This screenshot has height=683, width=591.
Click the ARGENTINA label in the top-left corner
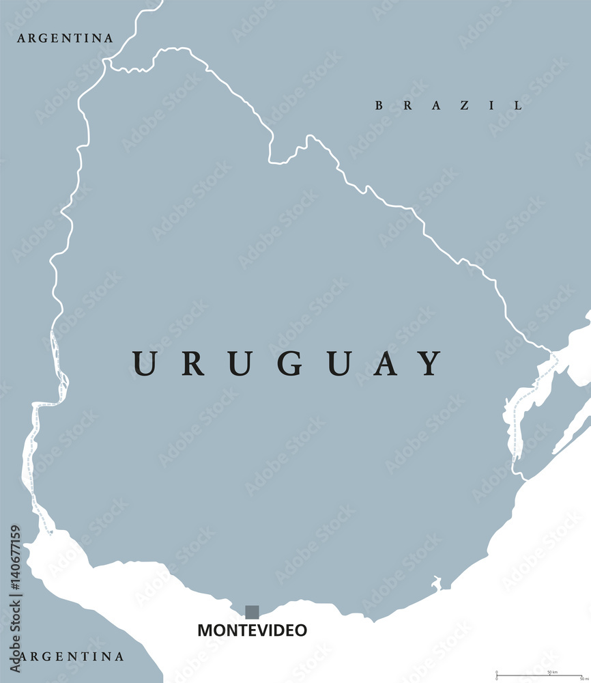pos(66,38)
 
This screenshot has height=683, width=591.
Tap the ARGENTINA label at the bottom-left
pos(71,657)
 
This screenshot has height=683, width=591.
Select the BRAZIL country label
pos(449,105)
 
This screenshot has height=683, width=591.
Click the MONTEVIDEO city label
pos(252,630)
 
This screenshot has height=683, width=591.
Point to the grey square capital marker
pos(252,612)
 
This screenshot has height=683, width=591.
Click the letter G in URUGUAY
pos(289,363)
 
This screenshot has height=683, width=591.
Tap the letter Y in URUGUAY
pos(430,363)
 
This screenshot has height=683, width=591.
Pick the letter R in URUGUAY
pos(193,363)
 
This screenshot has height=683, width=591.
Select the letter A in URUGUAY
pos(386,363)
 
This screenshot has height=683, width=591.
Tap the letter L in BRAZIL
pos(519,105)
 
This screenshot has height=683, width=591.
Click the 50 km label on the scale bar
pos(552,672)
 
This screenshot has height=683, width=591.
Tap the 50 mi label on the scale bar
pos(584,678)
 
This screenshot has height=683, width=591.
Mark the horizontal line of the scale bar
pos(539,675)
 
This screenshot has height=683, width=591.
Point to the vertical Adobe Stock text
pos(16,639)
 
